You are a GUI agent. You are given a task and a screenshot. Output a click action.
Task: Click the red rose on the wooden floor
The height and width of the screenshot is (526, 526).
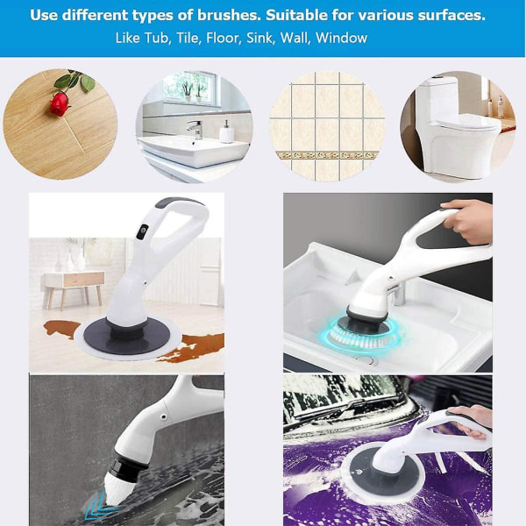click(x=60, y=104)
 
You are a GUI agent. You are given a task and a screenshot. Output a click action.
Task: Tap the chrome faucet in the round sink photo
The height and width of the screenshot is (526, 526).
click(x=195, y=129)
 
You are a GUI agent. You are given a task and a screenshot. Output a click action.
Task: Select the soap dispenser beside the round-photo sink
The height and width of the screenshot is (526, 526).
click(x=226, y=131)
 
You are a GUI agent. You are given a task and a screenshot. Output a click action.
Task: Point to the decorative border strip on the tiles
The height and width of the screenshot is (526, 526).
click(x=326, y=155)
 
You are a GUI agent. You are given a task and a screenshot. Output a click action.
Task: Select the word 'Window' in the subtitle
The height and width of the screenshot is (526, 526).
click(x=342, y=38)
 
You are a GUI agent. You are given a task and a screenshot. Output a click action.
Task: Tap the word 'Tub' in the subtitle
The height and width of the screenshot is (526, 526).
click(x=158, y=38)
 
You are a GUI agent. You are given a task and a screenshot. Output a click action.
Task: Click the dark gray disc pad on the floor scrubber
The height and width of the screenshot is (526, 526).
click(x=126, y=336)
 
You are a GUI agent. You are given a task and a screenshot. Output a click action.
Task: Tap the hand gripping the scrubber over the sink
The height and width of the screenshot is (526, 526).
click(x=468, y=220)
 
